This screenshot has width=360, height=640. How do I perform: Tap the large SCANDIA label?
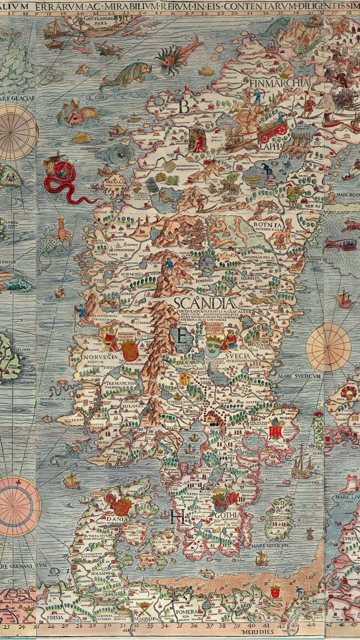tap(205, 303)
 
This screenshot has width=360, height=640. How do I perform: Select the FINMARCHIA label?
tap(279, 83)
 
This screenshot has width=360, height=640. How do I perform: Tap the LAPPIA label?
tap(271, 146)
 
